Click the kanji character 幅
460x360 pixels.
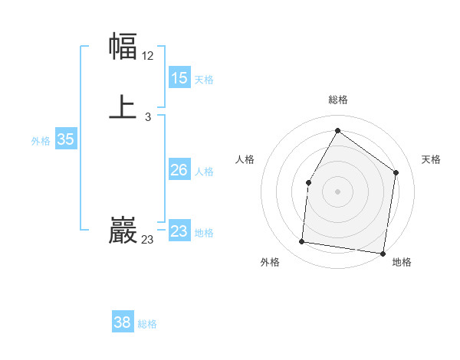click(x=123, y=47)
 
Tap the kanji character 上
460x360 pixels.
click(x=123, y=107)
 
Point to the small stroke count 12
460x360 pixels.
click(x=148, y=56)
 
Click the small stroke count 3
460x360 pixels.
click(x=147, y=117)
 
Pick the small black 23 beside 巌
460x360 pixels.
click(x=148, y=240)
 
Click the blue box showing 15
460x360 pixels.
click(x=179, y=78)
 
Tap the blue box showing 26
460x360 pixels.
click(x=179, y=170)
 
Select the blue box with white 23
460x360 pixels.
click(x=179, y=231)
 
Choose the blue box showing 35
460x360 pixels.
click(x=66, y=139)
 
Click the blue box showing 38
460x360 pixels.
click(x=123, y=322)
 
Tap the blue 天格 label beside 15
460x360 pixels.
click(x=204, y=80)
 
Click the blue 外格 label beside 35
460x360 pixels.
click(x=41, y=141)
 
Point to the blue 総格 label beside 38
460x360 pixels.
click(x=147, y=324)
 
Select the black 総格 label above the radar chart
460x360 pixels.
click(x=337, y=100)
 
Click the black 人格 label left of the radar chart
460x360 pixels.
click(x=245, y=159)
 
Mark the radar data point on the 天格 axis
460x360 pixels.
click(x=396, y=172)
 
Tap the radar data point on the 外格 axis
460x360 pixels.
click(x=302, y=242)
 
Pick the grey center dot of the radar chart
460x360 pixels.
click(x=337, y=191)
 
